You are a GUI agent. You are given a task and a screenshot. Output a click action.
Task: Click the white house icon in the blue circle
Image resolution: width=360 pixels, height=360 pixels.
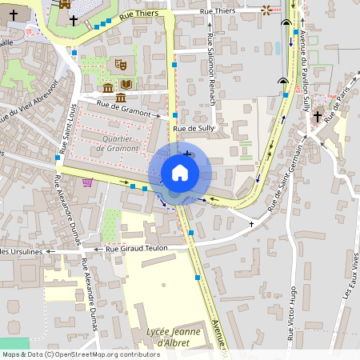(179, 172)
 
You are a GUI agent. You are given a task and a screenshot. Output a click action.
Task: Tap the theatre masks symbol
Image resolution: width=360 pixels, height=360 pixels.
(121, 64)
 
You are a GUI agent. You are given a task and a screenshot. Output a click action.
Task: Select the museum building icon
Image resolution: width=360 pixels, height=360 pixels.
(108, 86)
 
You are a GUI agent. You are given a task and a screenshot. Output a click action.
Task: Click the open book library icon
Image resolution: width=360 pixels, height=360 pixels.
(126, 84)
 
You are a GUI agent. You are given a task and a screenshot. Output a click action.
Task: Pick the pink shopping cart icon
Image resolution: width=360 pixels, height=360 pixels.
(87, 182)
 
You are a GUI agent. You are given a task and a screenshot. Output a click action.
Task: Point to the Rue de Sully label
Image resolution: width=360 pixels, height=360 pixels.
(194, 128)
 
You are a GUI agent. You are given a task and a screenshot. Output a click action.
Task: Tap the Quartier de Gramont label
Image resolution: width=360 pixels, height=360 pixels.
(118, 143)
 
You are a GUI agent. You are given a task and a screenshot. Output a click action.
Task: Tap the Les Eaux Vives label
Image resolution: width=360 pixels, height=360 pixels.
(350, 276)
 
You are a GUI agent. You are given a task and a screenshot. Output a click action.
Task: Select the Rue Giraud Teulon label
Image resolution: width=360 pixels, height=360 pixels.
(137, 249)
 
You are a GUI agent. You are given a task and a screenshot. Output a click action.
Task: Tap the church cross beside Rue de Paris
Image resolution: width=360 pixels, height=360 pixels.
(317, 117)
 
